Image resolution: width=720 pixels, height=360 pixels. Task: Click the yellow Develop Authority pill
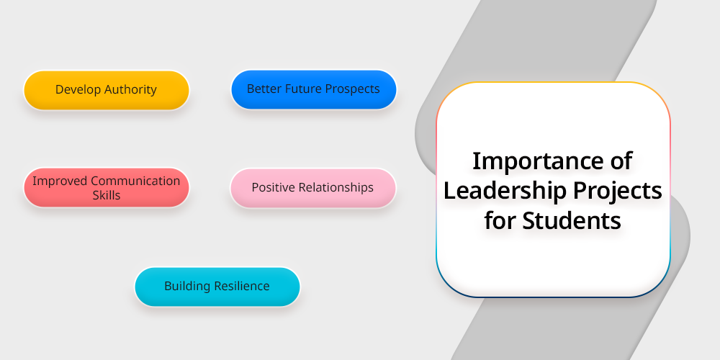click(107, 90)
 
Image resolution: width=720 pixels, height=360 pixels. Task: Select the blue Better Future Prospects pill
click(314, 89)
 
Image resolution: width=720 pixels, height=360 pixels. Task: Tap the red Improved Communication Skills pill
click(107, 187)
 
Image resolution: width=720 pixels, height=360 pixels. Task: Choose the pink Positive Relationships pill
click(312, 188)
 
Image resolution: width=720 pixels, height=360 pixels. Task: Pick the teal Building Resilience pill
click(217, 287)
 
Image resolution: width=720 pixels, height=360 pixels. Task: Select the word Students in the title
click(571, 220)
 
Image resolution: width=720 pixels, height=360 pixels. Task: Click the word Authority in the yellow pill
click(131, 89)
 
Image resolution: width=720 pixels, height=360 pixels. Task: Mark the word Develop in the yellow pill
click(78, 89)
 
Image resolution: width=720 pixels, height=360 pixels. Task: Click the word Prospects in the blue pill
click(352, 89)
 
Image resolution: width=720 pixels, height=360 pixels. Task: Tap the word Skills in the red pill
click(107, 195)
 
